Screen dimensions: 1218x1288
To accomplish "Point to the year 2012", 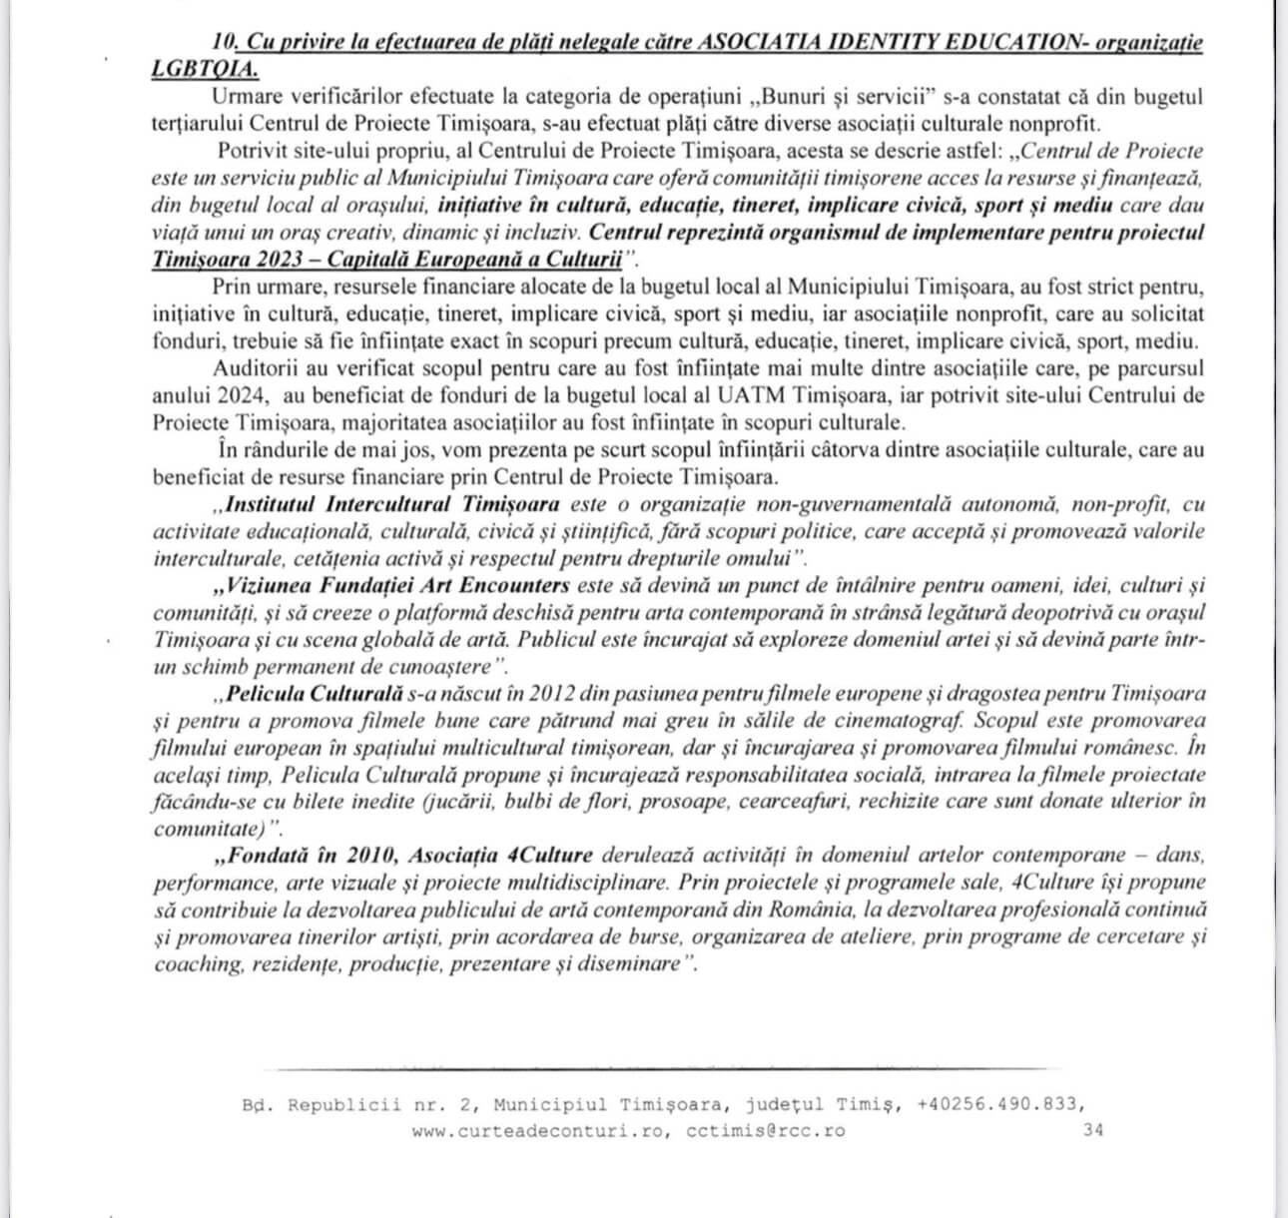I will coord(529,693).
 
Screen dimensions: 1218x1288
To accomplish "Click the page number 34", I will coord(1093,1131).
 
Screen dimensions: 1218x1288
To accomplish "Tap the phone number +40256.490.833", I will coord(999,1104).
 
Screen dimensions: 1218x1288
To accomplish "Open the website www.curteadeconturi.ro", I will coord(535,1131).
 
